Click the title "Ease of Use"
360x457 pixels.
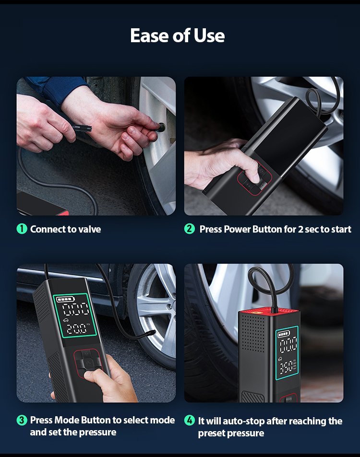click(x=178, y=35)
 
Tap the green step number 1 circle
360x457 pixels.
click(x=22, y=229)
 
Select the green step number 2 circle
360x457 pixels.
click(x=189, y=229)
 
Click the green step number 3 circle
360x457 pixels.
click(x=22, y=420)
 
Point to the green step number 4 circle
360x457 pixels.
click(x=189, y=420)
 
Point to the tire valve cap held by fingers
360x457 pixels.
click(x=161, y=127)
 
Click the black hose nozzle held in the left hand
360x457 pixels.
click(x=82, y=128)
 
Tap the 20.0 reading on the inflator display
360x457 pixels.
click(x=76, y=328)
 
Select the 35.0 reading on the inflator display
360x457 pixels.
click(x=286, y=368)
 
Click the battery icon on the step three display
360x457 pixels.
click(x=65, y=299)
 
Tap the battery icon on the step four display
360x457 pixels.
click(x=284, y=334)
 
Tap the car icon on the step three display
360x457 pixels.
click(x=65, y=320)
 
